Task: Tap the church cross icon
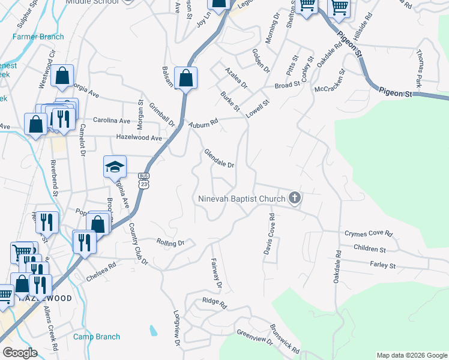point(294,197)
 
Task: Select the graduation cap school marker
point(115,167)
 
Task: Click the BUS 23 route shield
point(143,181)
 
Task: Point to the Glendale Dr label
point(218,159)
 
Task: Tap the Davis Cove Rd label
point(269,234)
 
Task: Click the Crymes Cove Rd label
point(368,233)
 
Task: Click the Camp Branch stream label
point(97,337)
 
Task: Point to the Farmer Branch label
point(38,37)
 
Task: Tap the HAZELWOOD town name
point(45,298)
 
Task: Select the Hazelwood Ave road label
point(139,138)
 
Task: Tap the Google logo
point(20,353)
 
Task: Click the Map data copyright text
point(411,355)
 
